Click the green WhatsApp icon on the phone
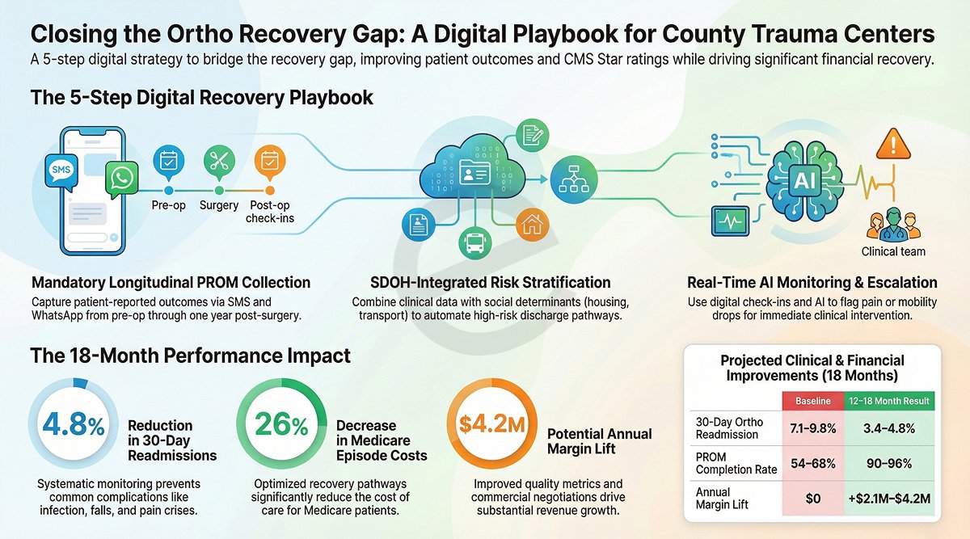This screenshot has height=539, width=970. pos(122,179)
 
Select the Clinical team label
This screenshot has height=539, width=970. pos(892,251)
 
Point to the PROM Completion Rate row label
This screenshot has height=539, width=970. pos(724,462)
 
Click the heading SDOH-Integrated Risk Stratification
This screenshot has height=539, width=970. pos(481,282)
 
